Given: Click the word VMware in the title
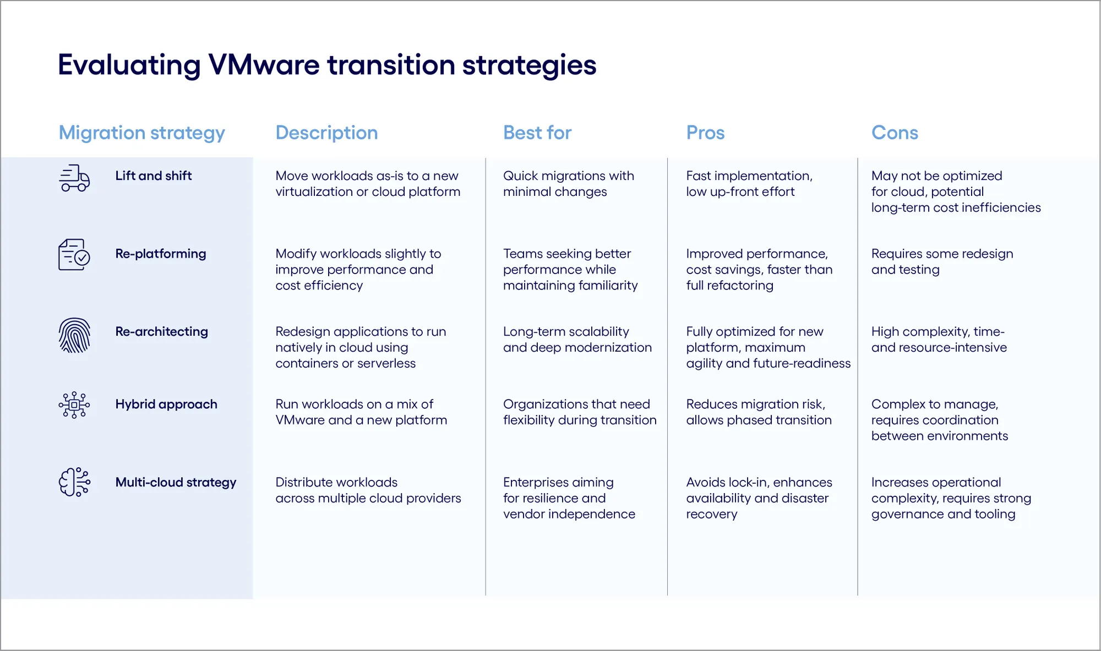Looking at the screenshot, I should pos(264,65).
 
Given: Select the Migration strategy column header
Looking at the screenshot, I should pos(141,133).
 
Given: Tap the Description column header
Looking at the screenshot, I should pos(326,133).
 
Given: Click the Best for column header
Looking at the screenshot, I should pos(537,133).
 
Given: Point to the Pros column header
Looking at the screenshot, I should pos(705,133).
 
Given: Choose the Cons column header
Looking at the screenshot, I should pos(895,133).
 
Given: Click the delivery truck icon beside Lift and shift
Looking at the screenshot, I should pos(74,178).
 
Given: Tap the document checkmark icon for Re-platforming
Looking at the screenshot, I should pos(74,254).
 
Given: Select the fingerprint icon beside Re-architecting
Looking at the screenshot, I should pos(74,335).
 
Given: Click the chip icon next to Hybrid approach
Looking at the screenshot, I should pos(74,405).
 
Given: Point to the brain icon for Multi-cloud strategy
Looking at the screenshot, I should pos(74,482).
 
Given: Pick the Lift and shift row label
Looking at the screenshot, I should pos(154,176).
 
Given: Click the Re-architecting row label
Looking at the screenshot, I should pos(161,331).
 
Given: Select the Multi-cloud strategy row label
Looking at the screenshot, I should pos(176,482).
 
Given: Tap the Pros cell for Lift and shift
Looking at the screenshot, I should pos(749,184).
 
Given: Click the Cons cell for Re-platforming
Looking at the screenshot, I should pos(942,261).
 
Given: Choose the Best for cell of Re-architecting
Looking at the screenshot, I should pos(577,340).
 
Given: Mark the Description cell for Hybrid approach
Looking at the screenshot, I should pos(361,412).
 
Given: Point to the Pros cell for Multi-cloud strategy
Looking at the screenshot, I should pos(759,498).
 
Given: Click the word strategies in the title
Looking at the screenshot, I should pos(529,65).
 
